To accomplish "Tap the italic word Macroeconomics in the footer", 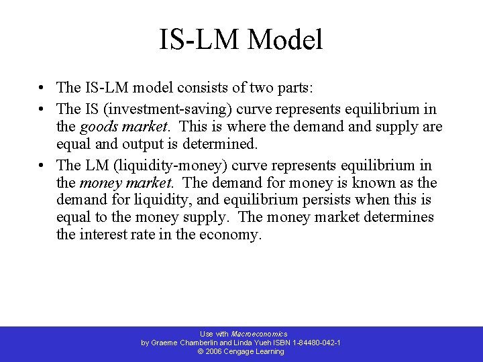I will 259,334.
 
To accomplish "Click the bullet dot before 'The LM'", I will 42,166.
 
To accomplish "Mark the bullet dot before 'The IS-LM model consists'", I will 42,88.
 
